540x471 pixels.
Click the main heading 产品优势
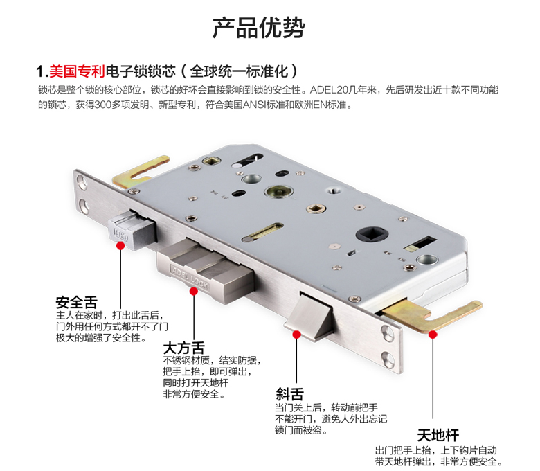(x=258, y=27)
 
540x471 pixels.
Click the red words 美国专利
(x=77, y=71)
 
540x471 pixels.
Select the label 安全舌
(x=76, y=302)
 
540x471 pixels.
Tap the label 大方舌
(x=183, y=348)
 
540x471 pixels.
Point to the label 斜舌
(x=289, y=394)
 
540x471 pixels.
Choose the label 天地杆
(x=438, y=435)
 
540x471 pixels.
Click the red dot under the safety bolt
(x=120, y=246)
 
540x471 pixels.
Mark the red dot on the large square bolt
(x=194, y=292)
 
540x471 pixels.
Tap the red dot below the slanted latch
(x=296, y=335)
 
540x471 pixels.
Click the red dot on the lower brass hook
(x=433, y=335)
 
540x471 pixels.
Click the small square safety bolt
(x=133, y=230)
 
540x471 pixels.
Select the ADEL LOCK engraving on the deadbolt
(x=190, y=276)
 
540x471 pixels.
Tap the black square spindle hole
(x=372, y=234)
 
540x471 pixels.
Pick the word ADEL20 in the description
(x=325, y=90)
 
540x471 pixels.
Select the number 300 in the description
(x=102, y=105)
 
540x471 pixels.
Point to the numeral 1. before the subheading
(x=42, y=71)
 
